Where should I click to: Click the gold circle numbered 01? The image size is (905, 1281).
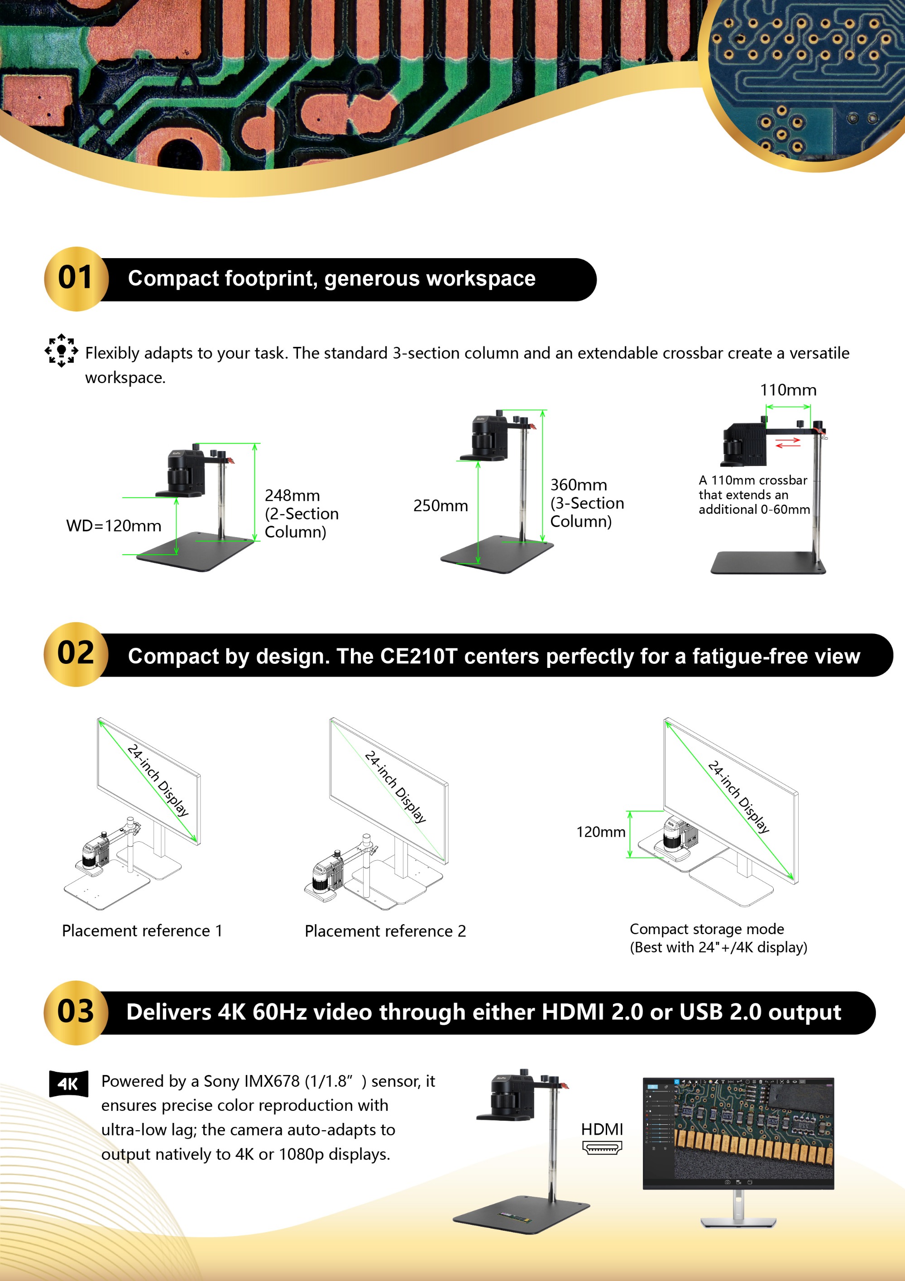pyautogui.click(x=77, y=278)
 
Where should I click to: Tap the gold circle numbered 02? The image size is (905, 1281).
pyautogui.click(x=77, y=654)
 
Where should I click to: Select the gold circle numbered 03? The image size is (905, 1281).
pyautogui.click(x=77, y=1012)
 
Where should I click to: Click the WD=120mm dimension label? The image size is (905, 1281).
pyautogui.click(x=114, y=526)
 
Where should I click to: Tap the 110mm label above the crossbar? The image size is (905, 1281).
pyautogui.click(x=788, y=390)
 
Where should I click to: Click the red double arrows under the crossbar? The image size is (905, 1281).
pyautogui.click(x=788, y=442)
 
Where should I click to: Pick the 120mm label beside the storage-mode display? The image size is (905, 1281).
pyautogui.click(x=600, y=832)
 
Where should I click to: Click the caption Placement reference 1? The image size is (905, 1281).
pyautogui.click(x=142, y=931)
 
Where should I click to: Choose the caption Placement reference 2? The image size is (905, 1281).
pyautogui.click(x=385, y=931)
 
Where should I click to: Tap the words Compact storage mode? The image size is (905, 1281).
pyautogui.click(x=707, y=929)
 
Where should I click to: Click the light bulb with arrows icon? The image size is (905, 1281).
pyautogui.click(x=62, y=350)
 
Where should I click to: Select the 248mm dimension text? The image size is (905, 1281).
pyautogui.click(x=292, y=495)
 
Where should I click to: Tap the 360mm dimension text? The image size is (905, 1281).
pyautogui.click(x=579, y=485)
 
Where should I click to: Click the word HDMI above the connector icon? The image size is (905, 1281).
pyautogui.click(x=602, y=1129)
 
